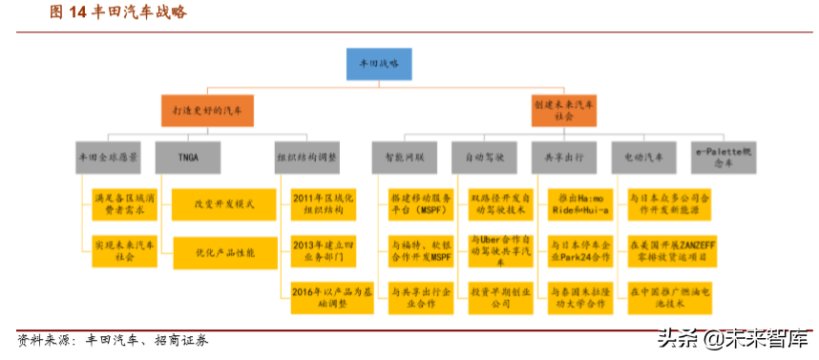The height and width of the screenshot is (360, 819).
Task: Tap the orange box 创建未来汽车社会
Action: pos(564,111)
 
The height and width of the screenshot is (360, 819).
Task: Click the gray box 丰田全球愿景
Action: pos(107,157)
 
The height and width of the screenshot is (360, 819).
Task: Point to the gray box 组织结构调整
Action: pos(306,157)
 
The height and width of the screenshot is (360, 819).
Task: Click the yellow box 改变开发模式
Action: pos(211,204)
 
